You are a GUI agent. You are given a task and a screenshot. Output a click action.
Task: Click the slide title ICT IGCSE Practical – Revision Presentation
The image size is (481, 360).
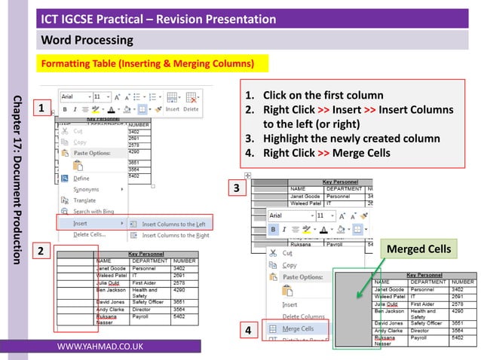158,19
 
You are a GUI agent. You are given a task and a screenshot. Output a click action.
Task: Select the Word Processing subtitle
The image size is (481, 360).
87,39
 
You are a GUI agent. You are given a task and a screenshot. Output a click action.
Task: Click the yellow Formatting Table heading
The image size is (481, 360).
147,62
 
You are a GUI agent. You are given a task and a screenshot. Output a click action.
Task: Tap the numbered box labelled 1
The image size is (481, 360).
45,111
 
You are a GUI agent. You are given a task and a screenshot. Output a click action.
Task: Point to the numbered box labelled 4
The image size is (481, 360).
247,330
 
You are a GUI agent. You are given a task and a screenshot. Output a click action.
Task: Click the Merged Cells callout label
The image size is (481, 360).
418,249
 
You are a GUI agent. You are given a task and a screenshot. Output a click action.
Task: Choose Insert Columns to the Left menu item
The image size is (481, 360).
174,224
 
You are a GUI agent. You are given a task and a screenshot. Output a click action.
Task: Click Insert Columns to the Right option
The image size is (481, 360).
175,236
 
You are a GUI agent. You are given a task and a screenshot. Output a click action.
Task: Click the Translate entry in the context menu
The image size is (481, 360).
84,200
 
